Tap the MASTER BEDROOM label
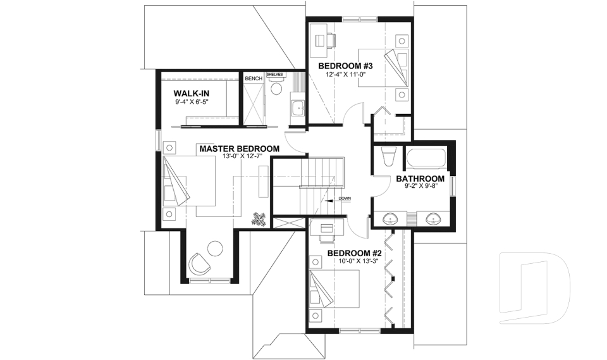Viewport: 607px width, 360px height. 239,149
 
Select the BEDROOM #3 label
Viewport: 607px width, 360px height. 346,66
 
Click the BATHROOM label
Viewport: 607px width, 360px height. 420,179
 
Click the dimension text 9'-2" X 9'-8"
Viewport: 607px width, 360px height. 420,187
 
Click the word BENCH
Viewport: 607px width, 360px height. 253,78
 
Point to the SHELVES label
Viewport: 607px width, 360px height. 274,74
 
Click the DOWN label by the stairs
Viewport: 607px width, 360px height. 345,198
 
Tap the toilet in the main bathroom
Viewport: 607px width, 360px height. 388,156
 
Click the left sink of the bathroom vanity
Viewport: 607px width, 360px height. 390,219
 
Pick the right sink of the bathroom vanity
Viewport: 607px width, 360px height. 433,219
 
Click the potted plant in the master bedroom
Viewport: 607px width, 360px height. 258,219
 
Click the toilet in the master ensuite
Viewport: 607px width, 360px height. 276,88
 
